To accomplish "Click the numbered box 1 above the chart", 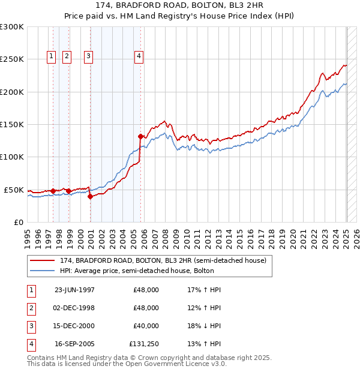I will pyautogui.click(x=51, y=57).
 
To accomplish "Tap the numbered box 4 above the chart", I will pyautogui.click(x=139, y=57).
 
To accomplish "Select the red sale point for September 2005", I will pyautogui.click(x=140, y=136).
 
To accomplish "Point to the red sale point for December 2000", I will pyautogui.click(x=90, y=196).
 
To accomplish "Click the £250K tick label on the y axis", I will pyautogui.click(x=12, y=59).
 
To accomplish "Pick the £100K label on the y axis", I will pyautogui.click(x=12, y=157).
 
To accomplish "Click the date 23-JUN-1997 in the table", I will pyautogui.click(x=74, y=290).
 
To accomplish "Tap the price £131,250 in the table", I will pyautogui.click(x=144, y=344).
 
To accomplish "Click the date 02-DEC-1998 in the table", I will pyautogui.click(x=74, y=308).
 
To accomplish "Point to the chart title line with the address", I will pyautogui.click(x=180, y=5).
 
